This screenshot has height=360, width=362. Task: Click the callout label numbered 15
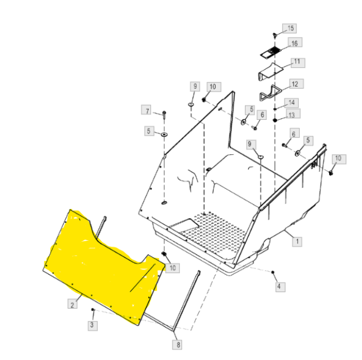point(290,28)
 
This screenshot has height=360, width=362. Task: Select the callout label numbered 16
point(295,42)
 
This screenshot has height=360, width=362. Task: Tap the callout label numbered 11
point(298,63)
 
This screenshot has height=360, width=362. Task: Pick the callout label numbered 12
point(296,84)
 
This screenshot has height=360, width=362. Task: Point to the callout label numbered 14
point(291,103)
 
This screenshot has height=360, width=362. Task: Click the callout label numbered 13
point(293,114)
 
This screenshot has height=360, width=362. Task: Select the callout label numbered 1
point(297,241)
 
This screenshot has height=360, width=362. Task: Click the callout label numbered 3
point(92,326)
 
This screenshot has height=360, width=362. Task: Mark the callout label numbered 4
point(280,287)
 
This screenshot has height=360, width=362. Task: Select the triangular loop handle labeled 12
point(270,93)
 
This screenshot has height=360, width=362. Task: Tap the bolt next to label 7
point(165,115)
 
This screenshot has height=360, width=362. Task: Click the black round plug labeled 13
point(275,120)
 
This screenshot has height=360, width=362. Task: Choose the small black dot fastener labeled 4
point(273,272)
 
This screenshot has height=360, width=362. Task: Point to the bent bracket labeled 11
point(270,72)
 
